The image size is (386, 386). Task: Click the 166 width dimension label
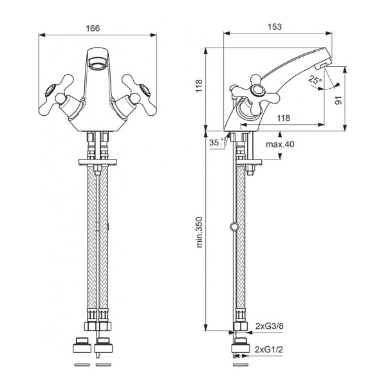pyautogui.click(x=93, y=28)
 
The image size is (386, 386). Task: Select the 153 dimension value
pyautogui.click(x=275, y=26)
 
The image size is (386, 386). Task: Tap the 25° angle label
pyautogui.click(x=315, y=80)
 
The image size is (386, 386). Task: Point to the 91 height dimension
pyautogui.click(x=339, y=100)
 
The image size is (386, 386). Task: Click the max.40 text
pyautogui.click(x=280, y=144)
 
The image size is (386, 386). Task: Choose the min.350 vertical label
pyautogui.click(x=199, y=232)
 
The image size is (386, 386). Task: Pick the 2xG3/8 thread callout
pyautogui.click(x=270, y=326)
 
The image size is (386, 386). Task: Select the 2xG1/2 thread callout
pyautogui.click(x=268, y=349)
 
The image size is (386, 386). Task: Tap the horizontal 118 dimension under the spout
pyautogui.click(x=283, y=118)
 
